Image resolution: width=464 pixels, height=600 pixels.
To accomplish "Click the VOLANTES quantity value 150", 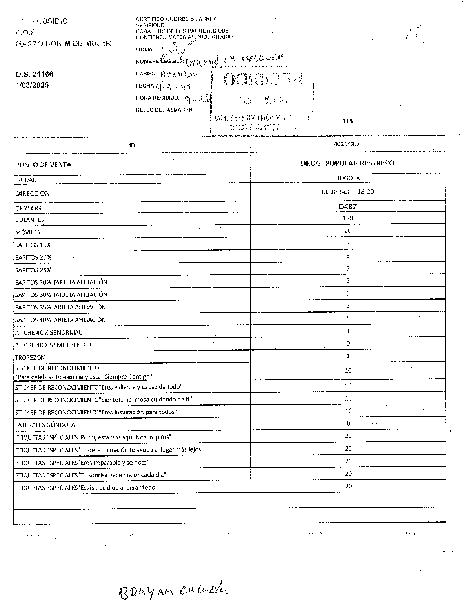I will (x=348, y=218).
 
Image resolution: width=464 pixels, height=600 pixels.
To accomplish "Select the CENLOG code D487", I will (x=348, y=206).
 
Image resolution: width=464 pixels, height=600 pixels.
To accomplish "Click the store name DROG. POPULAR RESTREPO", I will (x=348, y=163).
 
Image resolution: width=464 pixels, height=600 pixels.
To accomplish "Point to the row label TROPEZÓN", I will (x=30, y=358).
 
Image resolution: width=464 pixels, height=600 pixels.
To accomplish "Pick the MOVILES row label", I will (x=28, y=232).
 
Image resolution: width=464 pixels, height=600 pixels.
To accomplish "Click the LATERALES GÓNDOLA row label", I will (x=45, y=425).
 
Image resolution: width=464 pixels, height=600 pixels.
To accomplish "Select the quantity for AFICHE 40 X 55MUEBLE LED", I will (x=348, y=344).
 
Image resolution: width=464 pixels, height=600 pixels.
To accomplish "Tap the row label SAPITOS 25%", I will (x=33, y=270).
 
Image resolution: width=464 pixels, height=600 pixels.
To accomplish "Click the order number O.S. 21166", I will (x=35, y=74).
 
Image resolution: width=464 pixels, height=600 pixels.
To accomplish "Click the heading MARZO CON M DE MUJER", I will (x=63, y=43).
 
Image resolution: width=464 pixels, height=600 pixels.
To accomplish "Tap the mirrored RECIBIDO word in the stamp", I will (x=263, y=80).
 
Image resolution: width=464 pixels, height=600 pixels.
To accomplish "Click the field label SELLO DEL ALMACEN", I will (x=164, y=110).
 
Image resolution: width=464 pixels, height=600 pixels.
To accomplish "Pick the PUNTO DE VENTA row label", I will (x=43, y=165).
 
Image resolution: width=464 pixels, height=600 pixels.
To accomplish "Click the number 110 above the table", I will (x=348, y=121).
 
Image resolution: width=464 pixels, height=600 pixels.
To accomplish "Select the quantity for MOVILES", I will (x=348, y=231).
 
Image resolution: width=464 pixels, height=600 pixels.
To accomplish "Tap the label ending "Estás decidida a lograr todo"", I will (x=86, y=487).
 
